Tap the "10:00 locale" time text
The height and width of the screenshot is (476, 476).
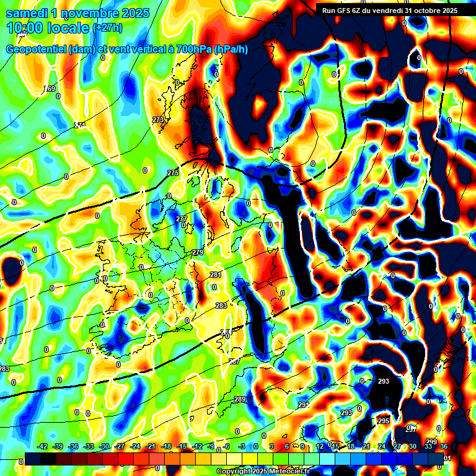click(x=47, y=28)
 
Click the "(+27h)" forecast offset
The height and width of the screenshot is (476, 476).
click(x=108, y=28)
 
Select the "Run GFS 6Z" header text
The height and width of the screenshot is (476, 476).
click(x=345, y=10)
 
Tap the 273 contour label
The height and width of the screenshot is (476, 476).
click(x=158, y=120)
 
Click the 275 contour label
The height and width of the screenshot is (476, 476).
click(x=173, y=173)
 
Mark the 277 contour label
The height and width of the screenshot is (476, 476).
click(x=182, y=219)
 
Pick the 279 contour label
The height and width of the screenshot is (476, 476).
click(x=198, y=253)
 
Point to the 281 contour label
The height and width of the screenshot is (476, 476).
click(x=216, y=275)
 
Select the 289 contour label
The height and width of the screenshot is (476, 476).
click(x=240, y=400)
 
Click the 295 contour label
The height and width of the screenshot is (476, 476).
click(x=384, y=421)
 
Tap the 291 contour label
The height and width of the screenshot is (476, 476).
click(x=303, y=405)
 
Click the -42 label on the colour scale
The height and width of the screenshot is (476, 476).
click(x=42, y=446)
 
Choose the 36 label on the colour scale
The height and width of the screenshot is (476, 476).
click(x=443, y=446)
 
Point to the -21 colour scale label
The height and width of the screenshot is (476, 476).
click(x=151, y=446)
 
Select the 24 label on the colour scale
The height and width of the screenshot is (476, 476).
click(x=381, y=446)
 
